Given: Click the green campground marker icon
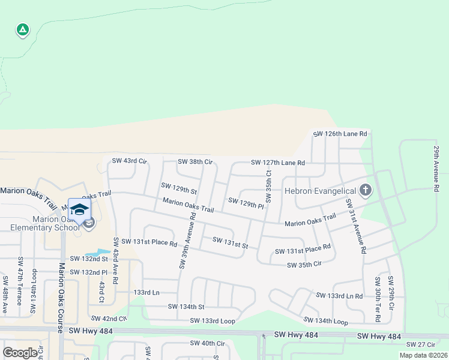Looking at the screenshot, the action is coord(22,29).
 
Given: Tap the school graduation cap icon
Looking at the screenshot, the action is coord(79,209).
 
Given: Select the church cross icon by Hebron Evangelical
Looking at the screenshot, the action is coord(365,191).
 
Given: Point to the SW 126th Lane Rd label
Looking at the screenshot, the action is coord(339,134).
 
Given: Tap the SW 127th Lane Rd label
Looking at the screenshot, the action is coord(278,163).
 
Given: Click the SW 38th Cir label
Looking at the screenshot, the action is coord(195,162).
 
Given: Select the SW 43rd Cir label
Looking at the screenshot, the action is coord(129,161).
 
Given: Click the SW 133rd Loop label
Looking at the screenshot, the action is coord(212,320).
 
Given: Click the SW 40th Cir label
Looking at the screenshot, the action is coord(207,343).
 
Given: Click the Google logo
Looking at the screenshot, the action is coord(20,352).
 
